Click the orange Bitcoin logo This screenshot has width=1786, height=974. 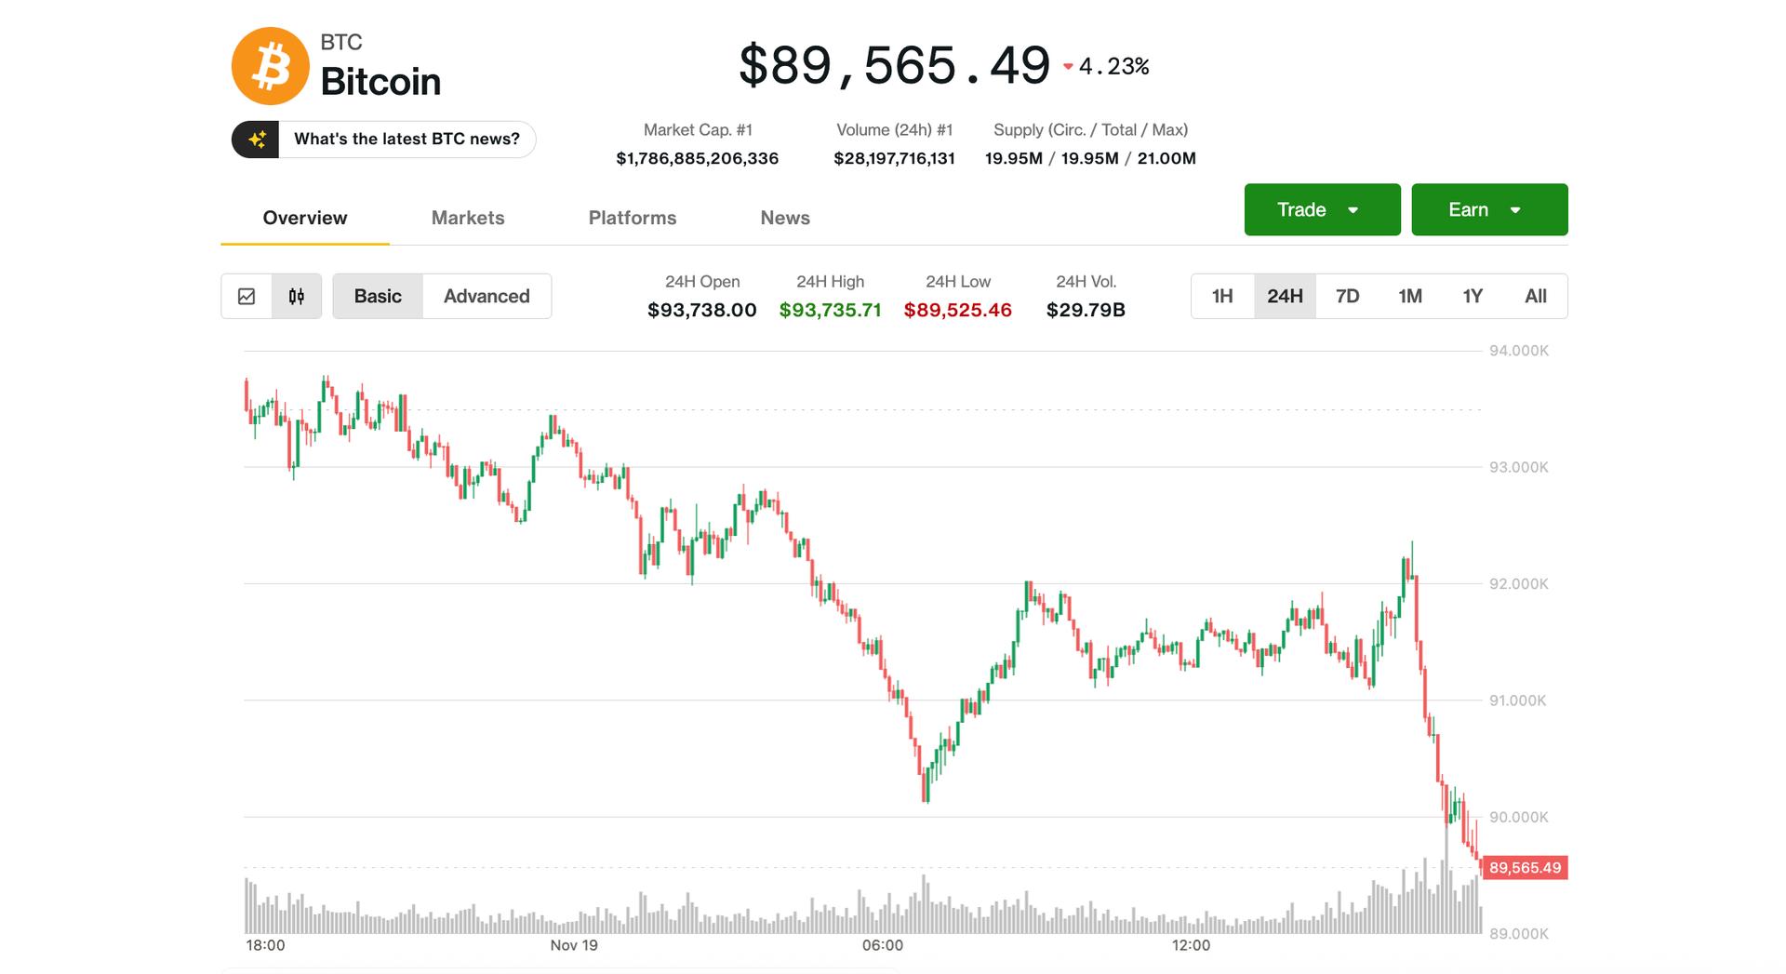point(270,66)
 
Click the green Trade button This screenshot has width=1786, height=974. point(1321,209)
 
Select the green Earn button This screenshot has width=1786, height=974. point(1488,209)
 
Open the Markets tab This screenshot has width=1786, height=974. point(468,218)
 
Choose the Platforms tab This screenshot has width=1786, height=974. point(632,218)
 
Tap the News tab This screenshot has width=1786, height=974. point(785,218)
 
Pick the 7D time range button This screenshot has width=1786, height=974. point(1347,296)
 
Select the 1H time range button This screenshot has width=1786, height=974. point(1222,296)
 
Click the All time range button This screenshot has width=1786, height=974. point(1535,296)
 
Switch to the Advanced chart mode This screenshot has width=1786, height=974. point(486,296)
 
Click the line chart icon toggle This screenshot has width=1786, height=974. point(247,296)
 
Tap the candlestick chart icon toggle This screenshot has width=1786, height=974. point(297,296)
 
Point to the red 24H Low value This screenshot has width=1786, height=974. point(957,310)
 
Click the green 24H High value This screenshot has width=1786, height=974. point(830,310)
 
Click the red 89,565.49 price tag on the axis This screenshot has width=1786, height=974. point(1524,868)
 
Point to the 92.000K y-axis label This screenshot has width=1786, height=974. point(1518,584)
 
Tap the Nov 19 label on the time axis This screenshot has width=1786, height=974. point(574,945)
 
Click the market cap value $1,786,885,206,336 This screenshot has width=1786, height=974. point(697,158)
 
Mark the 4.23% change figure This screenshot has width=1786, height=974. point(1113,66)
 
